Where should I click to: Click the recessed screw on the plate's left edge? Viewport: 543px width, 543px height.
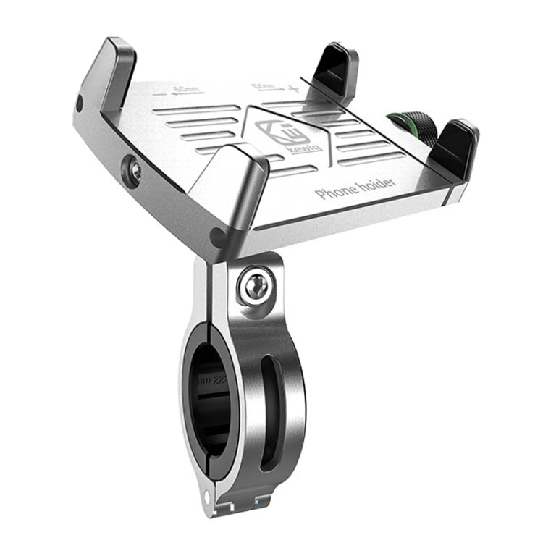pyautogui.click(x=135, y=170)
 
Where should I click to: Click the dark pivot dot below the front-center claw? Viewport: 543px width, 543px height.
pyautogui.click(x=216, y=234)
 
